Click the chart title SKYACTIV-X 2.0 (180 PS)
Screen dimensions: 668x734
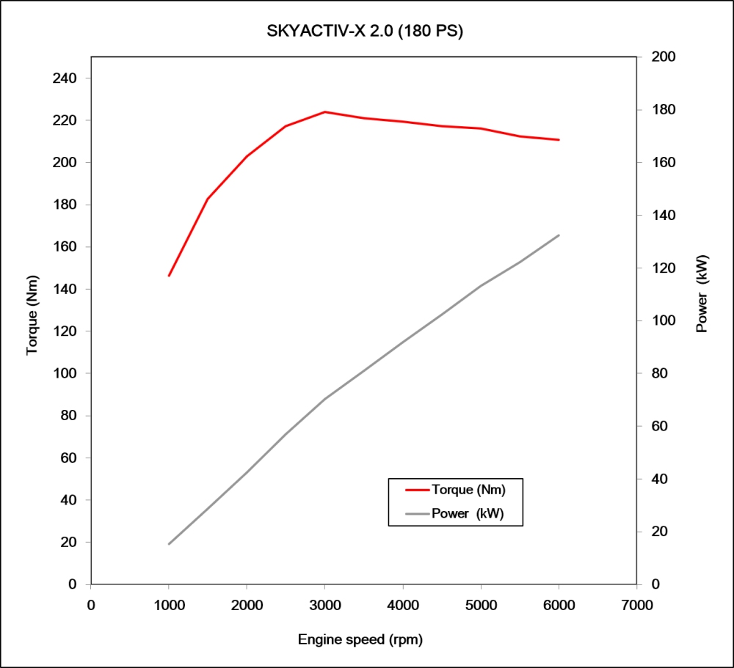pyautogui.click(x=366, y=32)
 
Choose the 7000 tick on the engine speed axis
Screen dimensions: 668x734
pyautogui.click(x=636, y=605)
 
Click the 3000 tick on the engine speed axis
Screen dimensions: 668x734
pyautogui.click(x=324, y=605)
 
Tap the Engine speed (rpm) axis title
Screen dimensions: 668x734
pyautogui.click(x=360, y=639)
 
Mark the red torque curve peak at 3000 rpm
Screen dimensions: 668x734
pyautogui.click(x=324, y=112)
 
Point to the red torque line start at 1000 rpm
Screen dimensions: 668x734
pyautogui.click(x=169, y=276)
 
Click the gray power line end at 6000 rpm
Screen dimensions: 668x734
pyautogui.click(x=559, y=235)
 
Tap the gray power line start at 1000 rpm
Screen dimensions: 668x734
pyautogui.click(x=169, y=544)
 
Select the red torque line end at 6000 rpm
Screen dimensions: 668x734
pyautogui.click(x=559, y=139)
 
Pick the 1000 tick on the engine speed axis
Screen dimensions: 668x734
pyautogui.click(x=169, y=605)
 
